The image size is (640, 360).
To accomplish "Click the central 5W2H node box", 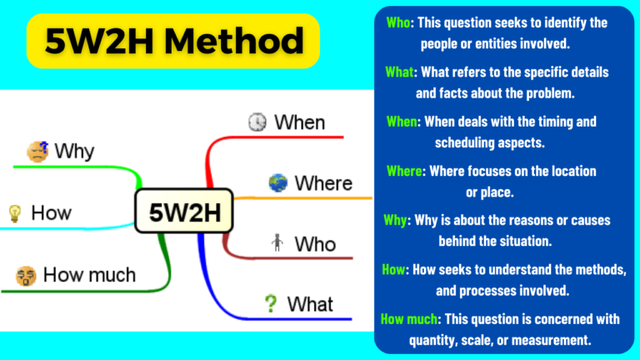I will [184, 213].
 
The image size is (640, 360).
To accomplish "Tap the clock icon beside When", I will [258, 122].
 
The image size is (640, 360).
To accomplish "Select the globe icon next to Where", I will [277, 182].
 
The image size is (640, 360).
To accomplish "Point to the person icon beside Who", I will [277, 243].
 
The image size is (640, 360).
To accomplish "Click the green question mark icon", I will [270, 304].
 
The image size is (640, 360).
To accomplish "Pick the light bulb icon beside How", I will [14, 212].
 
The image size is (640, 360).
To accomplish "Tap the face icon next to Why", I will [37, 152].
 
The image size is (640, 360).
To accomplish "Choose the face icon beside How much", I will [25, 273].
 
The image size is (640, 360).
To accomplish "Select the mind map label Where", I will [323, 182].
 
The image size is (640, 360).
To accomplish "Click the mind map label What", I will [310, 304].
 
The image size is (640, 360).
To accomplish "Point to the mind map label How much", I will [89, 273].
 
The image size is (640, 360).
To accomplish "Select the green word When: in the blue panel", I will [405, 122].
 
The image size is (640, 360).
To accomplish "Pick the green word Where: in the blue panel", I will [407, 171].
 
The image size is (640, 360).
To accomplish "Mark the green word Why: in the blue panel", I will [397, 221].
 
